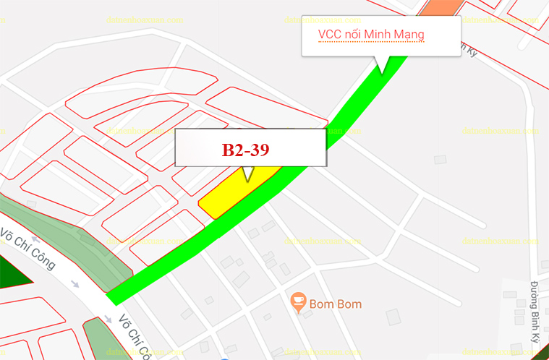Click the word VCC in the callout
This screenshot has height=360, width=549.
pos(330,35)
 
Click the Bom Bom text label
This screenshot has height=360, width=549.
pos(335,304)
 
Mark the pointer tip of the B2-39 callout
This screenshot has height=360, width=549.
pos(248,180)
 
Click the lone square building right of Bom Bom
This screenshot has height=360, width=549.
pos(393,316)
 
